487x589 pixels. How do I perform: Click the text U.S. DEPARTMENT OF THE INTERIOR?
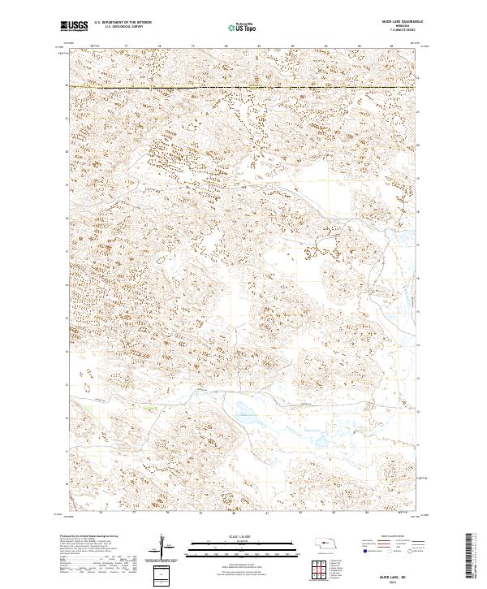click(121, 23)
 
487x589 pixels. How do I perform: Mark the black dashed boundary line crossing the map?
click(243, 86)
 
